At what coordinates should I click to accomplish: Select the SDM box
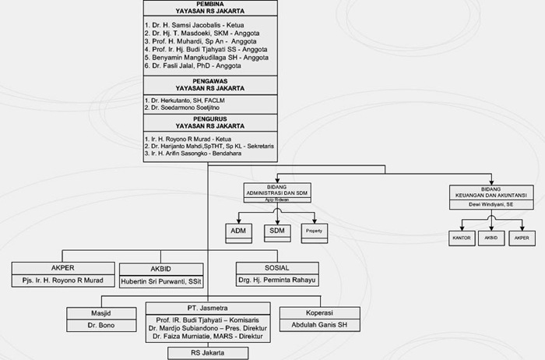click(x=276, y=231)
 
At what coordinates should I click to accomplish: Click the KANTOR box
click(x=461, y=237)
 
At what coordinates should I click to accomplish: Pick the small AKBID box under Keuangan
click(x=491, y=237)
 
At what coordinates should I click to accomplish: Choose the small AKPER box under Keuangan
click(x=521, y=237)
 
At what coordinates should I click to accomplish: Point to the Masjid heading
click(x=101, y=313)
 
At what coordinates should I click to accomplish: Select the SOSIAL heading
click(x=278, y=267)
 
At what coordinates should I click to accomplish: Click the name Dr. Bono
click(x=101, y=326)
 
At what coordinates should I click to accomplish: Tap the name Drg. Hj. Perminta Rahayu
click(x=278, y=280)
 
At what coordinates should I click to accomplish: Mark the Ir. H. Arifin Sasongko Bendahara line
click(x=193, y=154)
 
